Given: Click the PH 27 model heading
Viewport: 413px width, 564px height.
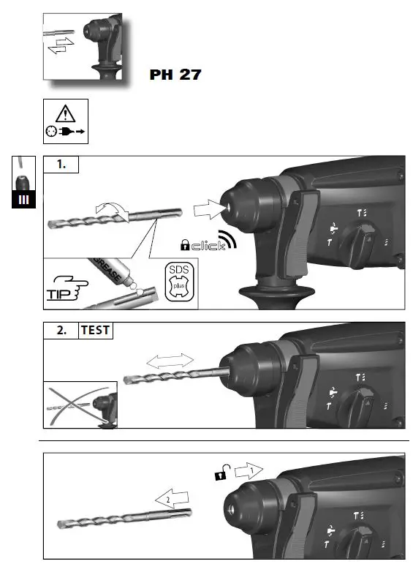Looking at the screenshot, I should pos(175,75).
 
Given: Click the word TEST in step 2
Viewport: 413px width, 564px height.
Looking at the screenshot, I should pos(95,330).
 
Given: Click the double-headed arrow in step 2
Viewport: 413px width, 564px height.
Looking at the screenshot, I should pos(170,360).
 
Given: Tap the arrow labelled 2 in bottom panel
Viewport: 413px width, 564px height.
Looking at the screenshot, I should pos(170,499).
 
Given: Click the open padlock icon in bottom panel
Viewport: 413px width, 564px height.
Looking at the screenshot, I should pos(219,475).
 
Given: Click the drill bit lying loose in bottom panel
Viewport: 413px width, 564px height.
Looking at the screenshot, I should pos(124,515).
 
